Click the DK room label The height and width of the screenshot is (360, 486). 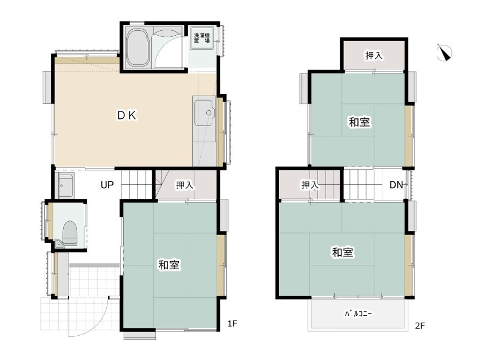(x=127, y=116)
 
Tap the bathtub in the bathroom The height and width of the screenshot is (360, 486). (x=137, y=48)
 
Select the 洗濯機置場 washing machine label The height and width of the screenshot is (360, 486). (x=202, y=38)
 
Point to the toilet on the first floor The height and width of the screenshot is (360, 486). (x=70, y=233)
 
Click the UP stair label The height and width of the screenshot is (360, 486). (x=107, y=185)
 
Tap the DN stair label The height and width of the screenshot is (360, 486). (x=396, y=185)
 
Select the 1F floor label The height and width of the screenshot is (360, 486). (x=232, y=324)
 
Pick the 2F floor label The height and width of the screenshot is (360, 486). (x=420, y=325)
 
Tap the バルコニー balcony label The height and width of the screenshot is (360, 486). (x=359, y=314)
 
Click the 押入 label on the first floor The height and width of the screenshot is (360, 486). (x=185, y=185)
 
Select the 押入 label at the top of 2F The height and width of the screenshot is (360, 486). (x=374, y=56)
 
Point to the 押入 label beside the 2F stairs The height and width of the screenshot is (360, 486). (x=310, y=185)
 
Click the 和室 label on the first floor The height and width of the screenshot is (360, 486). (x=169, y=265)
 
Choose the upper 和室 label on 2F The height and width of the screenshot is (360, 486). (x=360, y=122)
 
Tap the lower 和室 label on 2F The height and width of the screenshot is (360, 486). (x=343, y=252)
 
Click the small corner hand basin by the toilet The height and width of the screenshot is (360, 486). (x=59, y=244)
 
